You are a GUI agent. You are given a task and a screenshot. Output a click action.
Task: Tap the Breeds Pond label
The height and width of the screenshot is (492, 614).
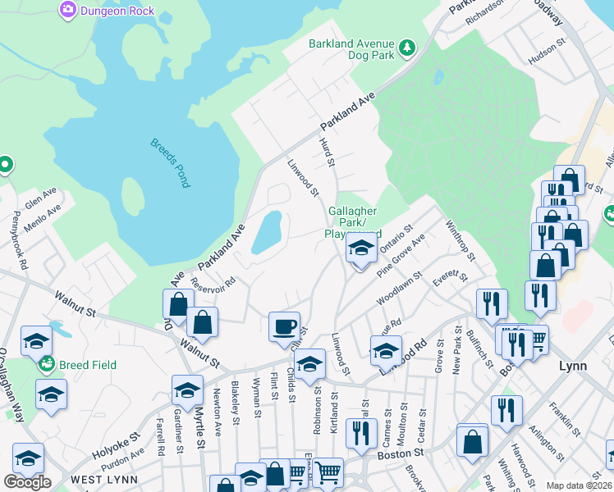tap(170, 163)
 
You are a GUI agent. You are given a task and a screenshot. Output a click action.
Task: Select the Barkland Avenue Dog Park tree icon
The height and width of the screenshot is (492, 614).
tap(406, 50)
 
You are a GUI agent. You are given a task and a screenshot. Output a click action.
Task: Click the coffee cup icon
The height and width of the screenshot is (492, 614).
tap(285, 326)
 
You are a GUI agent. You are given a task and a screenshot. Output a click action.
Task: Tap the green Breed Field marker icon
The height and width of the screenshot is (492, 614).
tap(45, 364)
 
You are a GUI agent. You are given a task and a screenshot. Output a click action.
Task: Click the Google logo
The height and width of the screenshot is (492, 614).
tap(27, 482)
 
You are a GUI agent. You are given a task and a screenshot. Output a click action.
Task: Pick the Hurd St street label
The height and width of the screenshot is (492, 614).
tap(328, 155)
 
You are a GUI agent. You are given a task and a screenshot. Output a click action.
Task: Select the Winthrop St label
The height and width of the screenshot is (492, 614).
tap(460, 239)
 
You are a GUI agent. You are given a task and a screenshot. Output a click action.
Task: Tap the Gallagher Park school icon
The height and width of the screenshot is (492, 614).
tap(360, 248)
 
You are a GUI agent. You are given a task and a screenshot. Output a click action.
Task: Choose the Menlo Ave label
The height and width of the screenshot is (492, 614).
tap(43, 213)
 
